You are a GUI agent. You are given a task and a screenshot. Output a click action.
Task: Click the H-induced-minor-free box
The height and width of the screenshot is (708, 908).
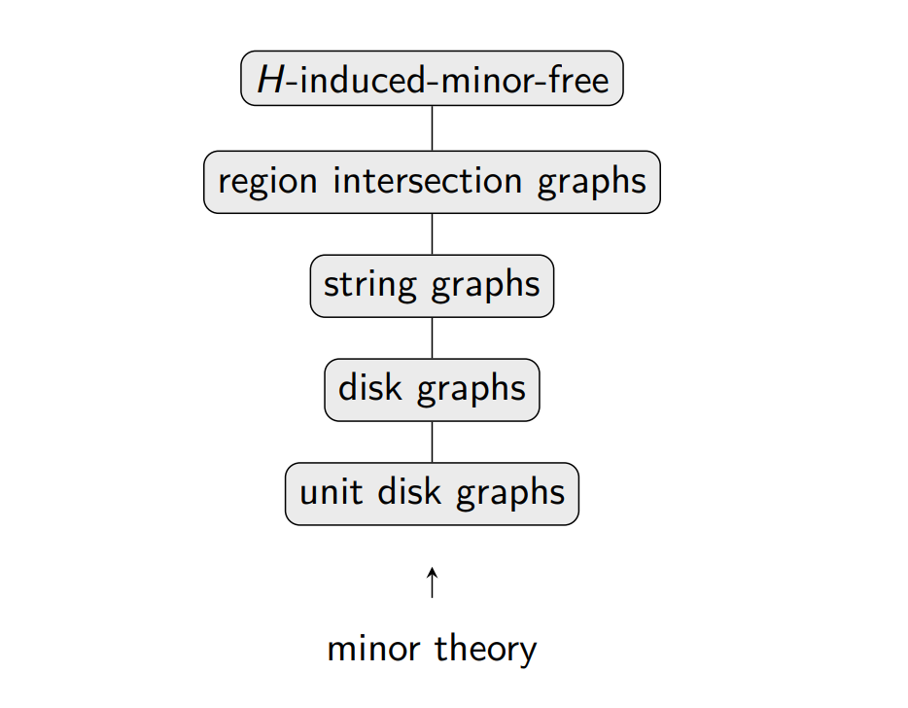[432, 78]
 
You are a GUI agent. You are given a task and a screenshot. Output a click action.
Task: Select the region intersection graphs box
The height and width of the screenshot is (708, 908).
[432, 182]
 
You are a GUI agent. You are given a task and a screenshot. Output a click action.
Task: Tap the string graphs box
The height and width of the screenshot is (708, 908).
[432, 286]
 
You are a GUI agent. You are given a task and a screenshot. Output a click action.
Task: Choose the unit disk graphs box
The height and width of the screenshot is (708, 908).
[432, 494]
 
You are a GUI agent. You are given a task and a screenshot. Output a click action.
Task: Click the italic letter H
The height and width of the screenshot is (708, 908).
[270, 79]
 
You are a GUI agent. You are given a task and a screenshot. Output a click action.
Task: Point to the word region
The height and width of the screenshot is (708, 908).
[267, 182]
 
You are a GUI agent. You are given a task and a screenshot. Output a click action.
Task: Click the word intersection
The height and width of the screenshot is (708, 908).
[428, 180]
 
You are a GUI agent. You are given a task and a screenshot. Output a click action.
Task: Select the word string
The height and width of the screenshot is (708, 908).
[369, 286]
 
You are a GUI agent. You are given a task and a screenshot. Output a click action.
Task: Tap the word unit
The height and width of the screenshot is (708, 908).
[332, 492]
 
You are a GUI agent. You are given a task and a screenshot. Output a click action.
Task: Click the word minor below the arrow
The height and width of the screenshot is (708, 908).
[373, 649]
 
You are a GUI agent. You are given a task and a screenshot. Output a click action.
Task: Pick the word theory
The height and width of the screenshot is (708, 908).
[486, 650]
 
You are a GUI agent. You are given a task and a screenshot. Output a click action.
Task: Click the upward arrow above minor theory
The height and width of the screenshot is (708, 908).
[432, 583]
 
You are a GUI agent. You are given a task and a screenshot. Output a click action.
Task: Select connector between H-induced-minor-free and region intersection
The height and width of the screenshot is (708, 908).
[432, 128]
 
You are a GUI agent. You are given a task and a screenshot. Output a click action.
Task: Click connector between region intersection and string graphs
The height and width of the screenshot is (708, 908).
[432, 234]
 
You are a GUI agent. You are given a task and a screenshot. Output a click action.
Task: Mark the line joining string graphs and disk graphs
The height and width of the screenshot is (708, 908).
[432, 338]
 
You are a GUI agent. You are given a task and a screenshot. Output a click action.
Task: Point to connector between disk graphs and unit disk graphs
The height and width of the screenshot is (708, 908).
[432, 442]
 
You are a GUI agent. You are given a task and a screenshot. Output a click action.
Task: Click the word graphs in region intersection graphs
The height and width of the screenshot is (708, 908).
[592, 182]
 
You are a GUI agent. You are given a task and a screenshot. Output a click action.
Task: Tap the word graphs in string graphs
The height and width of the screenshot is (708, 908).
[486, 286]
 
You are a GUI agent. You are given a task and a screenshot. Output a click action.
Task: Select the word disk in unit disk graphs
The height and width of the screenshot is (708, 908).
[409, 491]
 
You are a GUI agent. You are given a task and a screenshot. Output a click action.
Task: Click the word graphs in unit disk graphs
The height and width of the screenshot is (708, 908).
[510, 494]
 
